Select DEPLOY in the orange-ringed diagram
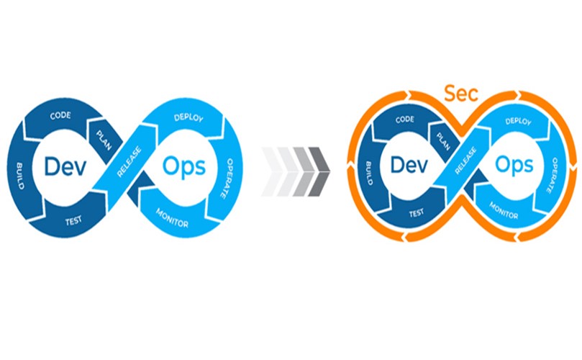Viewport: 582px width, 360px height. coord(518,122)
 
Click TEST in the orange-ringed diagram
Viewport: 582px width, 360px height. coord(415,214)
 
